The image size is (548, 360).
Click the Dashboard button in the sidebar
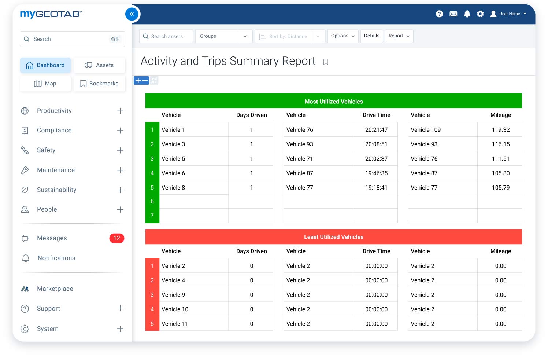(45, 65)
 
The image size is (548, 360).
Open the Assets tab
(99, 65)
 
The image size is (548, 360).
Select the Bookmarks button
(99, 84)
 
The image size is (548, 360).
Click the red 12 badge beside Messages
(116, 238)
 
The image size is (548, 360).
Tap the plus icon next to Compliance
(120, 131)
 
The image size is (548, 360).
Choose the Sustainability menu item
(56, 190)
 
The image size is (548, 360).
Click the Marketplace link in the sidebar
(55, 289)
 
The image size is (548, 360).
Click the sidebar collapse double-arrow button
(132, 14)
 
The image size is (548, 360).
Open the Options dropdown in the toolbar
(342, 36)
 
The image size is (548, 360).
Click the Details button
(371, 36)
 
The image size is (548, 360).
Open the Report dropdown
(399, 36)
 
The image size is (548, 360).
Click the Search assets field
(166, 36)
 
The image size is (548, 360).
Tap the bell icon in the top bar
(467, 14)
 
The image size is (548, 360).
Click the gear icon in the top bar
(480, 14)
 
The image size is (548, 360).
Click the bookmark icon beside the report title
(326, 62)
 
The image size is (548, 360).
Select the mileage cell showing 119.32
(500, 130)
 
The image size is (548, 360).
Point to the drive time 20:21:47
(376, 130)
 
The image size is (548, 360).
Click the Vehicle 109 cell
(426, 130)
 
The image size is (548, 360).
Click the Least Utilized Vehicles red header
(333, 237)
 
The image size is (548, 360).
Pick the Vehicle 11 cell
(175, 324)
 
